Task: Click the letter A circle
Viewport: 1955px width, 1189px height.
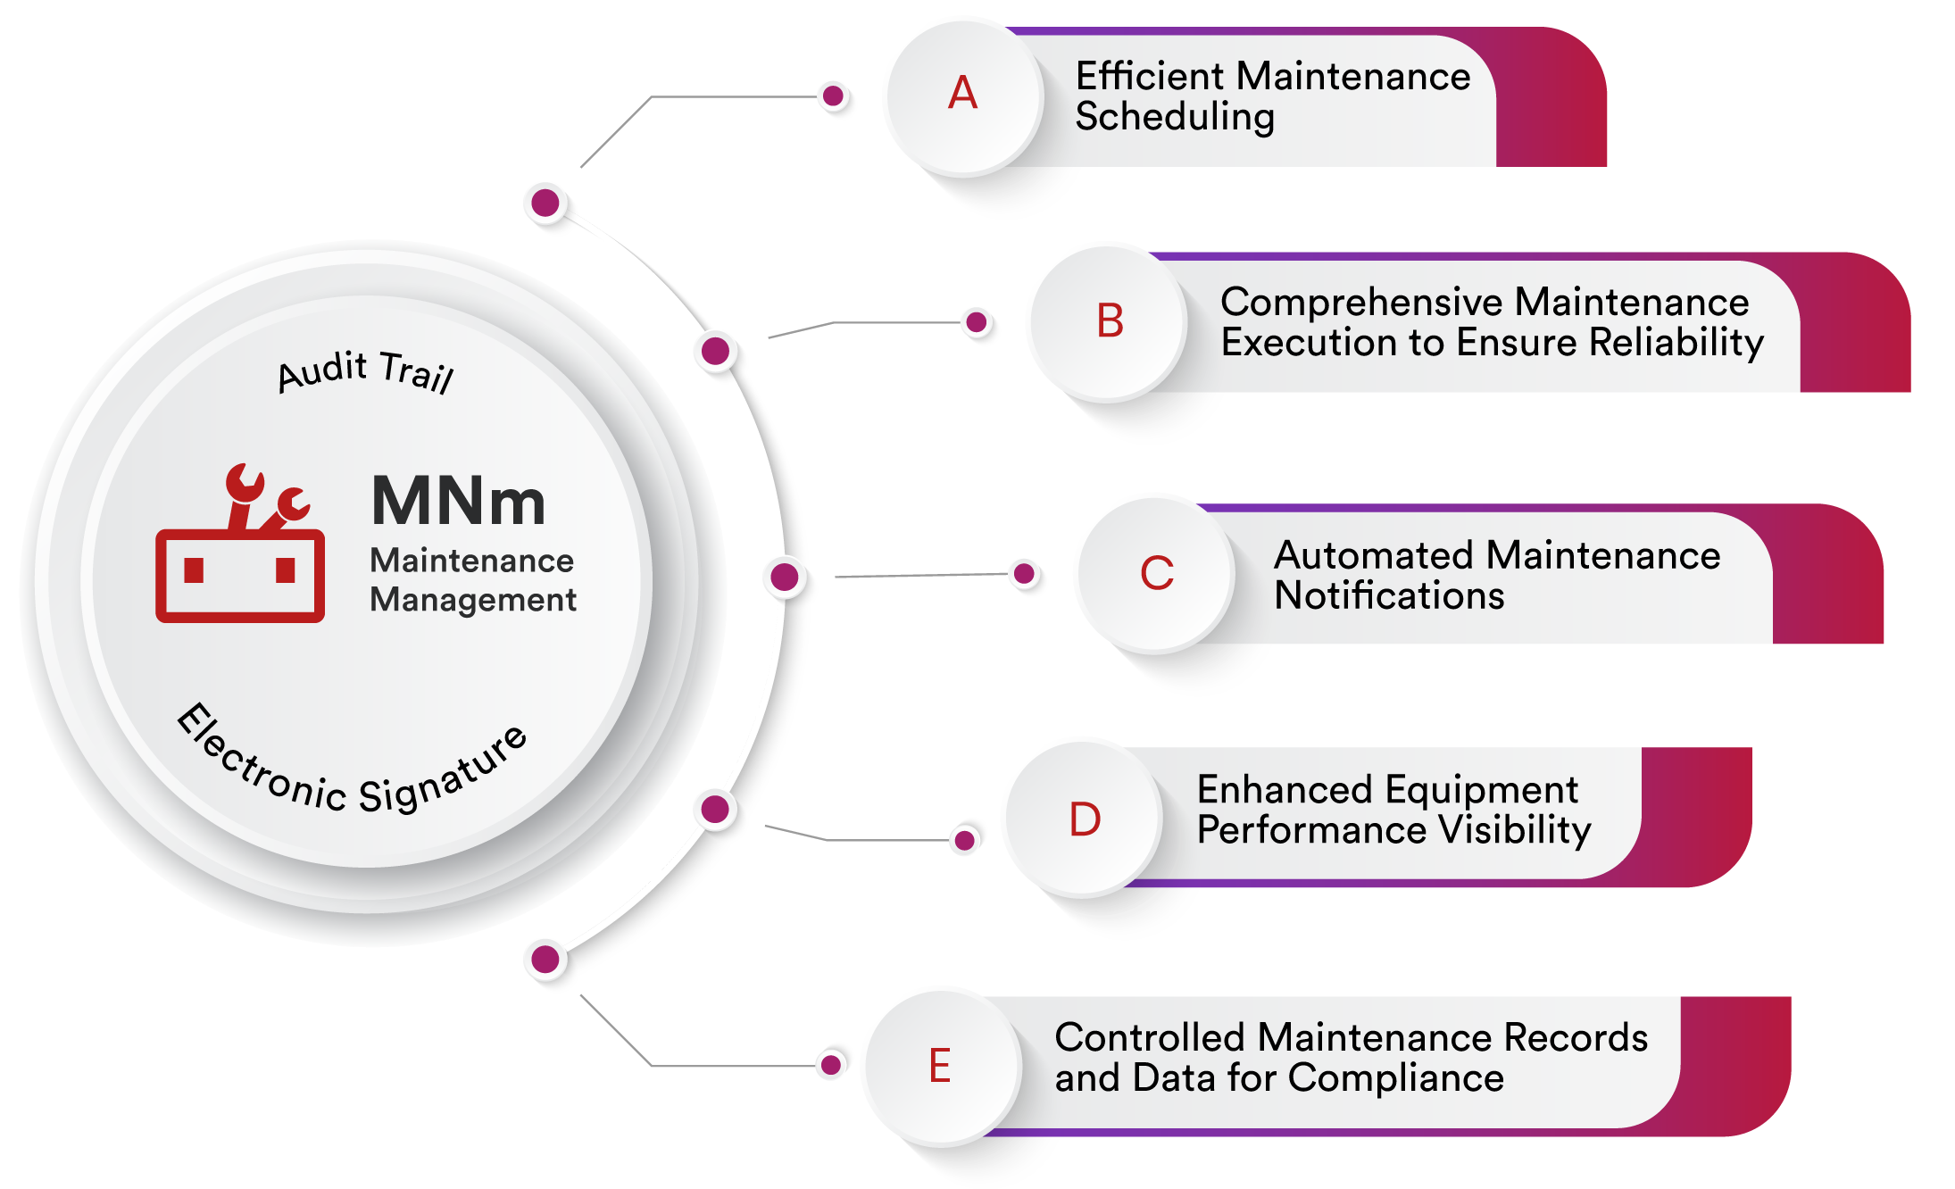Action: tap(962, 95)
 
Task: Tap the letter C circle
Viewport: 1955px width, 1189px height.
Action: tap(1156, 573)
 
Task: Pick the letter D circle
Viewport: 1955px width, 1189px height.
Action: tap(1084, 819)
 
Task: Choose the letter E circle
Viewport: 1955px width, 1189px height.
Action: tap(940, 1066)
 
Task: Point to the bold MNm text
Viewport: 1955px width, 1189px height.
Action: tap(458, 502)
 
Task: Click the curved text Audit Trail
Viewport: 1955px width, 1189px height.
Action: tap(366, 371)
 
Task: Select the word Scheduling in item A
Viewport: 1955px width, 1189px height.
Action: tap(1175, 117)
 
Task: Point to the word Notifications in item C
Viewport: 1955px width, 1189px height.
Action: tap(1389, 595)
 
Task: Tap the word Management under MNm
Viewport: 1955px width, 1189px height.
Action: tap(473, 600)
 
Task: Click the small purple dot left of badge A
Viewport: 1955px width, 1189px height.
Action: tap(834, 96)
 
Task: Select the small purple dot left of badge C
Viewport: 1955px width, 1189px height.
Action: tap(1025, 573)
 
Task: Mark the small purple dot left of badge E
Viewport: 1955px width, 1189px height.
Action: tap(831, 1064)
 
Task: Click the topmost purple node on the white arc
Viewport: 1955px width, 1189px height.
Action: tap(545, 204)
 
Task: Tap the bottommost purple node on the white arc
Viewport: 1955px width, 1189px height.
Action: tap(545, 960)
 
